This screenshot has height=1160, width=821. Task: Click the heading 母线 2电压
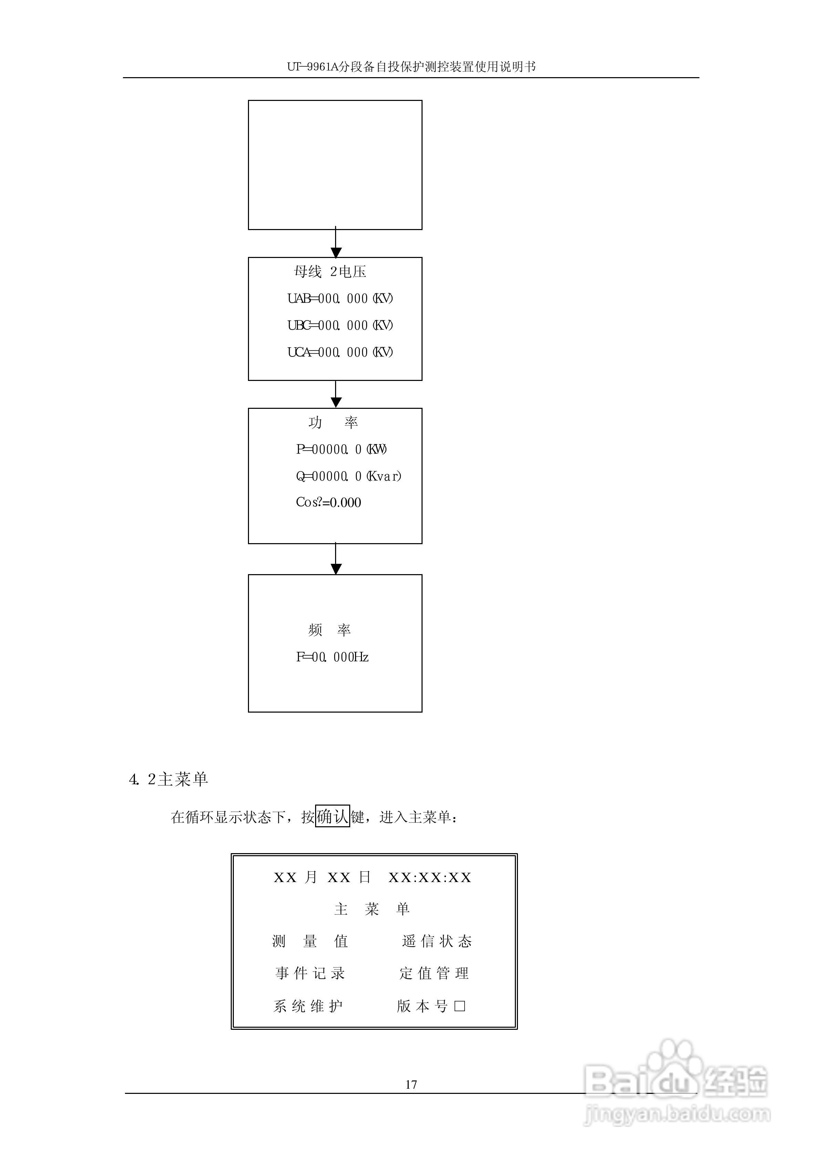click(x=330, y=272)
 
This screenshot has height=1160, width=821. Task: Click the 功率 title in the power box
click(x=333, y=423)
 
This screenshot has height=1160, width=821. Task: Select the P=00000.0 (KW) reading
click(x=341, y=449)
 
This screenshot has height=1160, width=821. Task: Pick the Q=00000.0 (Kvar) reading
click(x=348, y=476)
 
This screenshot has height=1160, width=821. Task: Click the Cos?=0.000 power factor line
click(x=328, y=503)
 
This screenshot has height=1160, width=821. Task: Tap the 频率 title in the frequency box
click(x=329, y=630)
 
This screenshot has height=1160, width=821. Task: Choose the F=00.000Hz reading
click(x=332, y=657)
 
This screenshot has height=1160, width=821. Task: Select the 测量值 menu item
click(x=310, y=941)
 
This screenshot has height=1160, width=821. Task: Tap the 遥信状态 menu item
click(x=437, y=941)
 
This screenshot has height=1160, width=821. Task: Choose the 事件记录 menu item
click(x=310, y=973)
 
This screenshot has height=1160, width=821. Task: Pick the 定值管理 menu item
click(x=434, y=973)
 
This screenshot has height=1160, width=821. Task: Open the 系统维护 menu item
click(x=308, y=1006)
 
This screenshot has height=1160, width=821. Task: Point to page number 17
click(x=411, y=1084)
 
